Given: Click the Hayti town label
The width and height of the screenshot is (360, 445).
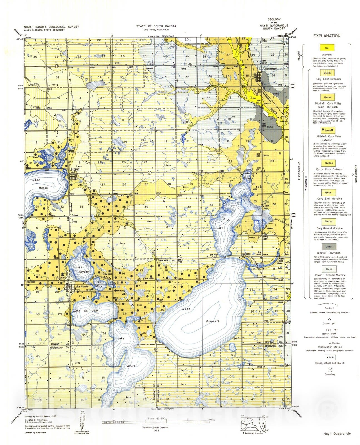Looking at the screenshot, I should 76,169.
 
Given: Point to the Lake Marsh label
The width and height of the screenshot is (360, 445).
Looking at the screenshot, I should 39,184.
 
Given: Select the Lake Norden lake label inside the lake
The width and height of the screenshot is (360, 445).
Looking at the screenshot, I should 82,270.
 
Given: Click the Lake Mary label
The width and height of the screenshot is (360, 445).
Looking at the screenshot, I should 98,284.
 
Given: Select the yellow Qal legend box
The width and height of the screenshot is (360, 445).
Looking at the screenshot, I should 327,48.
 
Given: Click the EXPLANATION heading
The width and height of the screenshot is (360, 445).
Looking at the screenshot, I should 327,36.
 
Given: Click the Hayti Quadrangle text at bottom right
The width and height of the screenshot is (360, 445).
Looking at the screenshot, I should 337,433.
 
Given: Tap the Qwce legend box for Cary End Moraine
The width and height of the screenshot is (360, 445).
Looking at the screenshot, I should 328,192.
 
